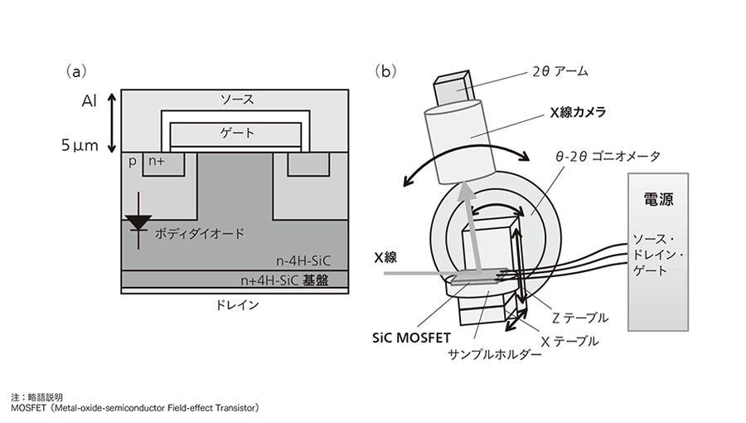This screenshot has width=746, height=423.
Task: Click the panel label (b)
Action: click(385, 72)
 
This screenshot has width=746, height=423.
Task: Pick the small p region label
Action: click(133, 163)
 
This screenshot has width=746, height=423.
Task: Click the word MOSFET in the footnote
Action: click(31, 407)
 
